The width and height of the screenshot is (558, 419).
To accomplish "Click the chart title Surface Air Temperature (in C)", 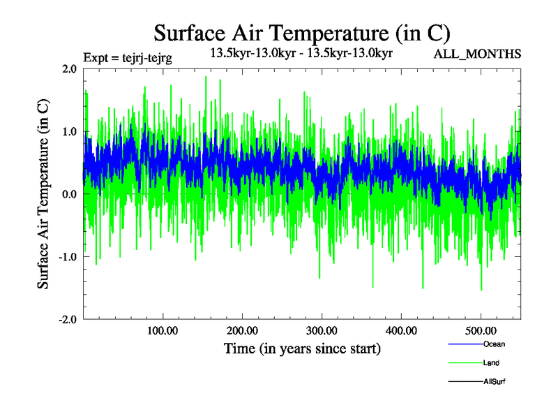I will click(302, 33).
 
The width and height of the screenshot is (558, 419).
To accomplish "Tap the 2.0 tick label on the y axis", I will click(68, 68).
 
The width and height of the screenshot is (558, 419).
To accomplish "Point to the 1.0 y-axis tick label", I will click(68, 131).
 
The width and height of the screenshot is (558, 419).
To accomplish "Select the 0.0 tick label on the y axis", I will click(68, 194).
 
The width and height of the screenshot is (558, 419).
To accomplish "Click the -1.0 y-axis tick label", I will click(66, 257).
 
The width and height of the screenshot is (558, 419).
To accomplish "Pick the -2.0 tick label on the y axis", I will click(66, 320).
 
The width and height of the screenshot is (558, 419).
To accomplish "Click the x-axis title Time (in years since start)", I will click(302, 348).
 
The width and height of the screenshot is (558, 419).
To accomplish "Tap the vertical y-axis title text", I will click(43, 194).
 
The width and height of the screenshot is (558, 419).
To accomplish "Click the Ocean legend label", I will click(494, 344).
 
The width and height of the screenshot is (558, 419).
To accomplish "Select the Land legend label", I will click(491, 363).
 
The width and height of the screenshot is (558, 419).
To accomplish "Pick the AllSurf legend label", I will click(495, 381).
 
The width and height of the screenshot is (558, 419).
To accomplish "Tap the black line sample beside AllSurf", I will click(465, 381).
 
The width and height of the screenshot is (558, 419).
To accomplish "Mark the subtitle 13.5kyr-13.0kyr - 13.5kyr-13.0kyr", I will click(303, 52).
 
